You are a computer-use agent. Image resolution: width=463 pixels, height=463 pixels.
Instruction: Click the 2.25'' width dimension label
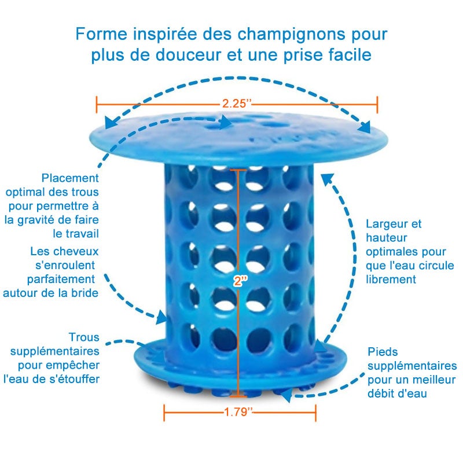pos(237,104)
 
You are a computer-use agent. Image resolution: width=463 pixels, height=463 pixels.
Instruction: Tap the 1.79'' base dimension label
pos(240,412)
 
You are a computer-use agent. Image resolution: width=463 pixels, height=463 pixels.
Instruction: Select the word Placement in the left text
pos(70,178)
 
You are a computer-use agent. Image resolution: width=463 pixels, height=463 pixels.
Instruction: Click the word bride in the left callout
pos(84,293)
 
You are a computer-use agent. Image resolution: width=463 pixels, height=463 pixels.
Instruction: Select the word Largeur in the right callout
pos(386,224)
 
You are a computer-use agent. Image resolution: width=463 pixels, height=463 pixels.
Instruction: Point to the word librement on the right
pos(391,279)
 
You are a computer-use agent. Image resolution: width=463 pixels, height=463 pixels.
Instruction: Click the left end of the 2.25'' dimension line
pos(97,104)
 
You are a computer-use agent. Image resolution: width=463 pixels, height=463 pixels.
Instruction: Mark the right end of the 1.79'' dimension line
pos(315,412)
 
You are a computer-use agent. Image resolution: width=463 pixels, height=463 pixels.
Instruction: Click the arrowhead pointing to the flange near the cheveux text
pos(164,317)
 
